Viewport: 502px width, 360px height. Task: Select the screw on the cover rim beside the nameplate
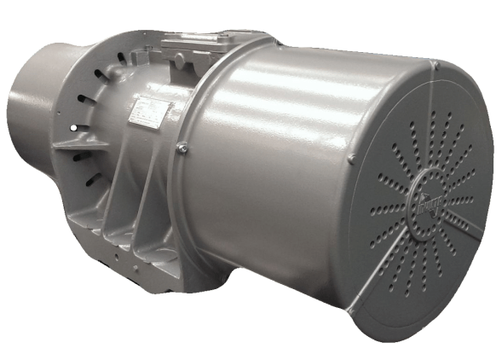coord(182,148)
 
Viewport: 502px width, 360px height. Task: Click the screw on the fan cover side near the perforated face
coord(351,159)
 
